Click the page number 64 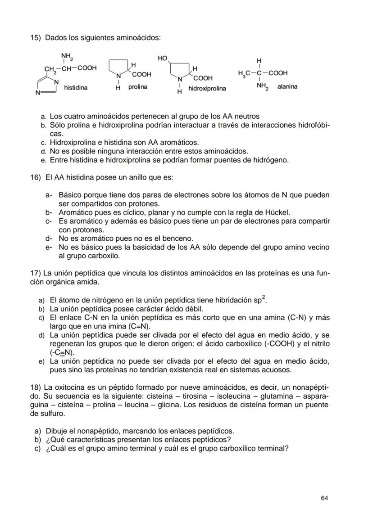coord(324,498)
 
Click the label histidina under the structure coord(76,87)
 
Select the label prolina coord(137,86)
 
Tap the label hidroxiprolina coord(207,89)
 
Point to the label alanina coord(287,86)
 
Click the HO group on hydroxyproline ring coord(162,59)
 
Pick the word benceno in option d coord(180,238)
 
